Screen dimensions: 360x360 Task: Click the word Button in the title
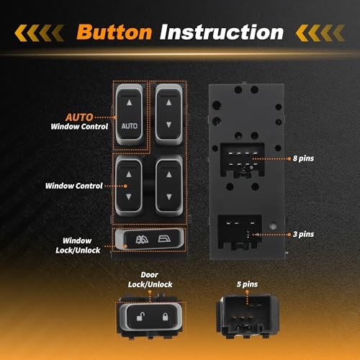pyautogui.click(x=114, y=32)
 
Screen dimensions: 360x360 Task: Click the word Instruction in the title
pyautogui.click(x=222, y=32)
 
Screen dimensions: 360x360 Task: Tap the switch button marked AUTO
pyautogui.click(x=130, y=113)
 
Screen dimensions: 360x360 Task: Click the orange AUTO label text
pyautogui.click(x=96, y=115)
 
